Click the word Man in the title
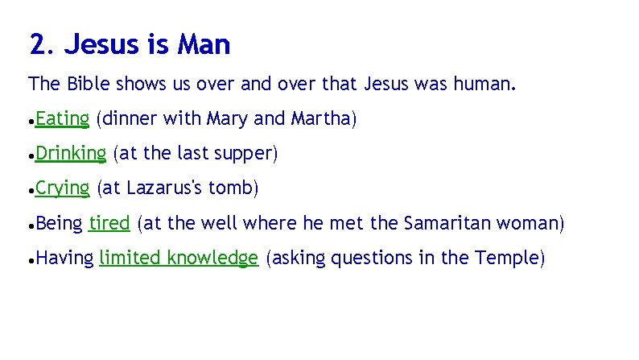[204, 45]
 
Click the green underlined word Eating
[62, 119]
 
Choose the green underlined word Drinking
[71, 153]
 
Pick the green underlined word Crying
[62, 188]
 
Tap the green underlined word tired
[109, 223]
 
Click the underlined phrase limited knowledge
[178, 258]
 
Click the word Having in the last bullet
[64, 259]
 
